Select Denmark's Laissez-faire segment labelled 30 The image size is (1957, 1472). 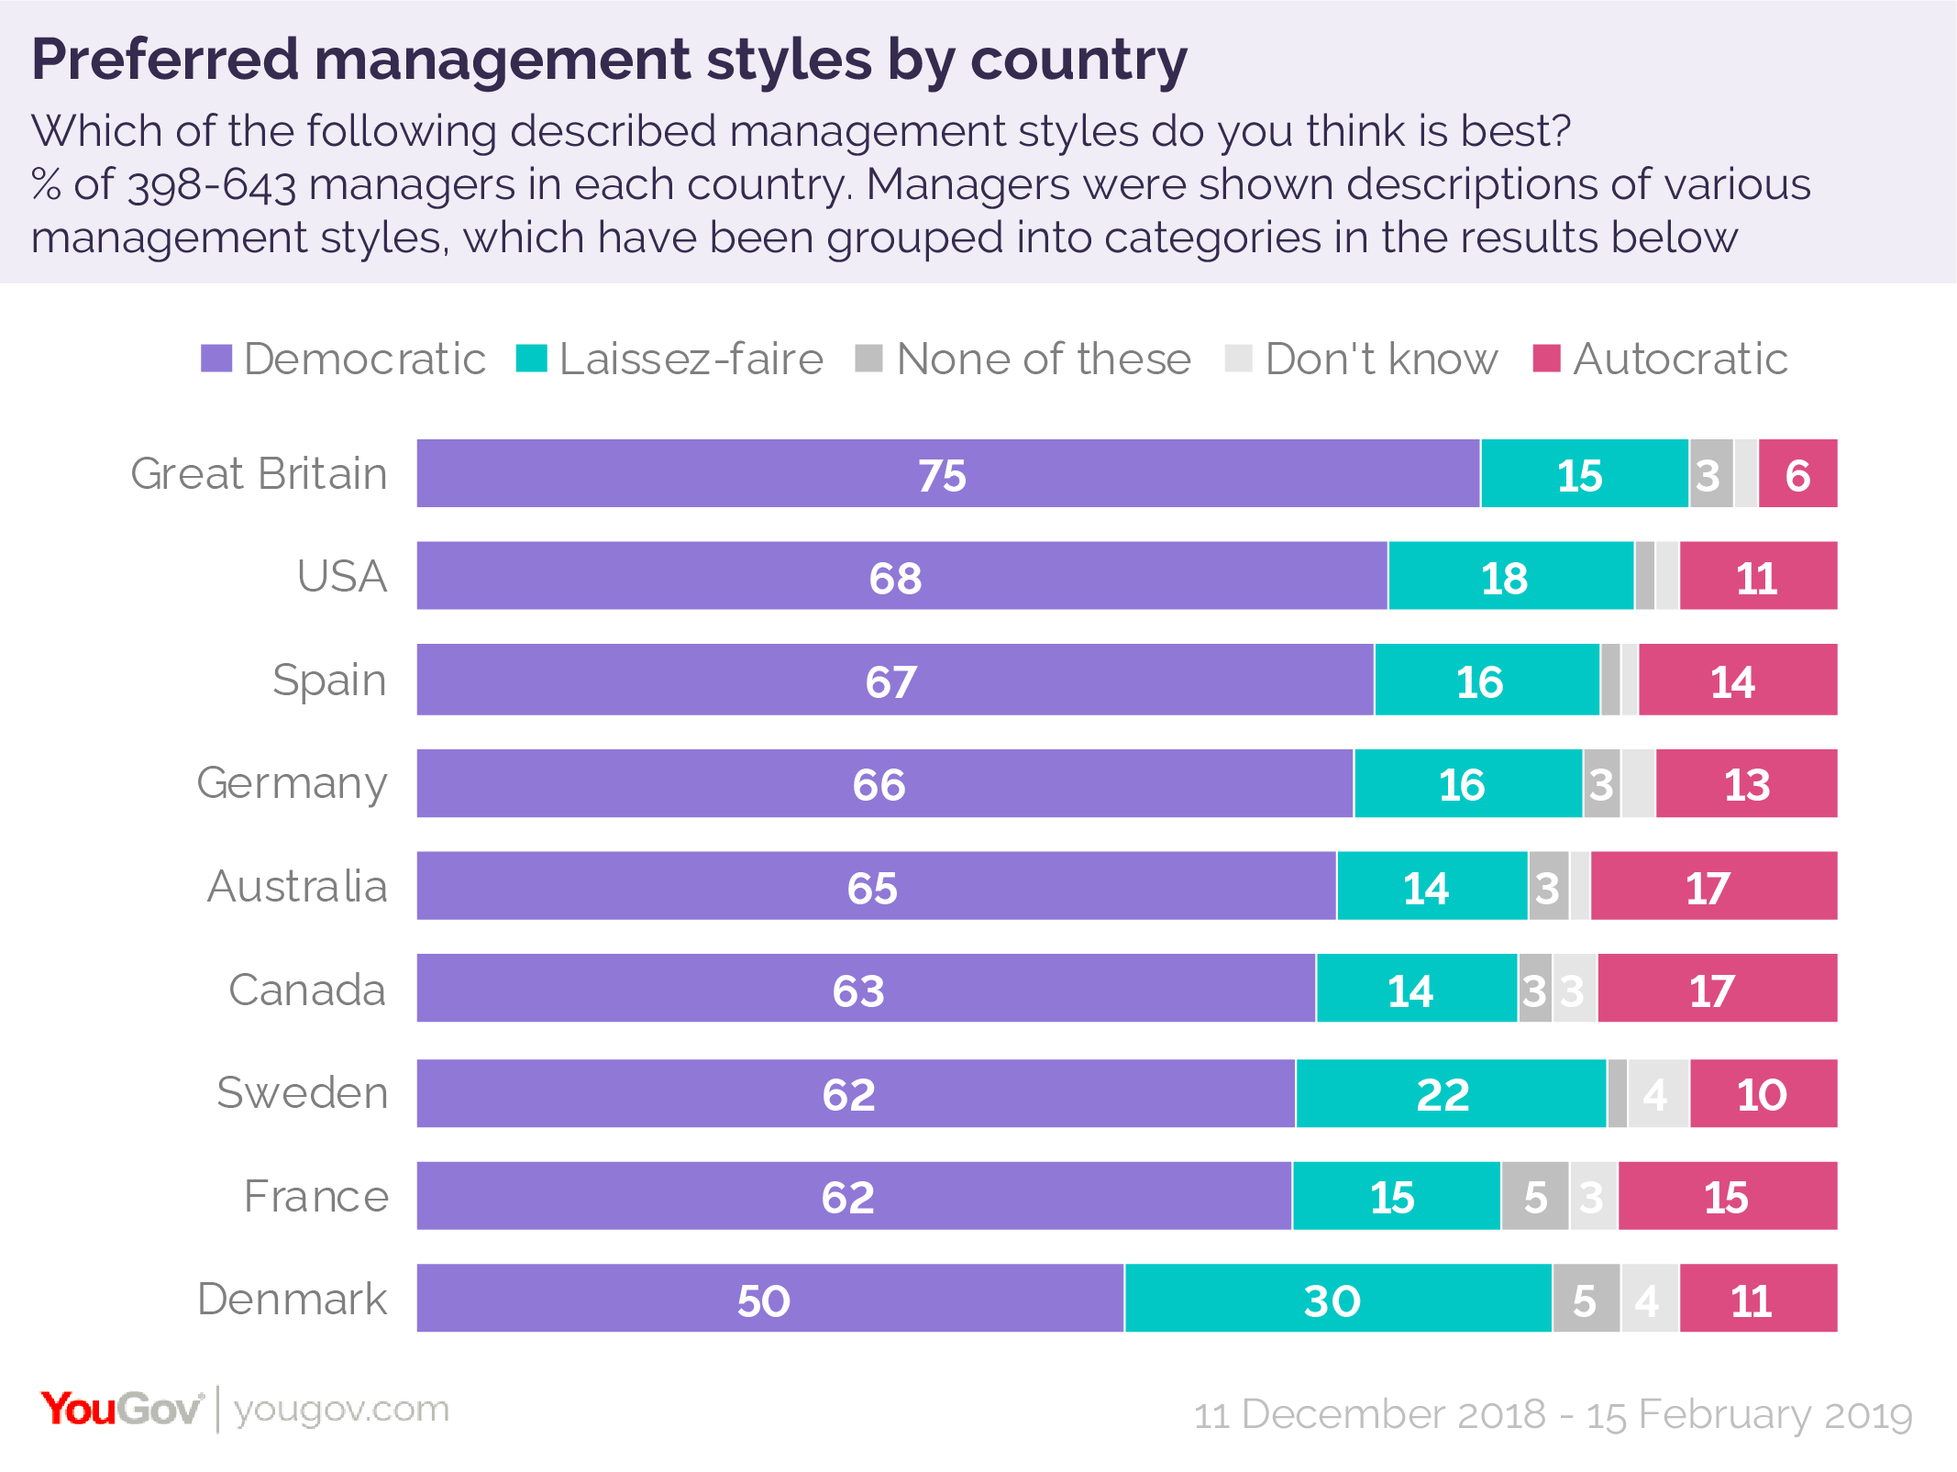click(x=1337, y=1298)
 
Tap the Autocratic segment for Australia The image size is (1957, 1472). click(x=1713, y=886)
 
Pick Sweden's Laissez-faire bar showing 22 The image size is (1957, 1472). click(x=1450, y=1093)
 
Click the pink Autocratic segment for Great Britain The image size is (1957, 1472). click(x=1797, y=473)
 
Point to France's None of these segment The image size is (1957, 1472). click(x=1534, y=1196)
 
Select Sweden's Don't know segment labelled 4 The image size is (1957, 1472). click(x=1657, y=1093)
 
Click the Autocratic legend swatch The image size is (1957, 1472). click(x=1546, y=359)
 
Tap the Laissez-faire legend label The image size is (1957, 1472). click(x=691, y=359)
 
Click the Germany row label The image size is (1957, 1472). click(x=293, y=783)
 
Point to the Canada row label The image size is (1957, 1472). click(x=307, y=990)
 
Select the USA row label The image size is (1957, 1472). click(x=342, y=576)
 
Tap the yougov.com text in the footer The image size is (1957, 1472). click(x=341, y=1408)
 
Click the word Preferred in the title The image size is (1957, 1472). click(x=165, y=60)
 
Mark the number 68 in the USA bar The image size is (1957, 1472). click(x=895, y=578)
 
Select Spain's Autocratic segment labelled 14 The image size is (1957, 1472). click(x=1737, y=680)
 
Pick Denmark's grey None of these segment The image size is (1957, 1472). click(x=1586, y=1298)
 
